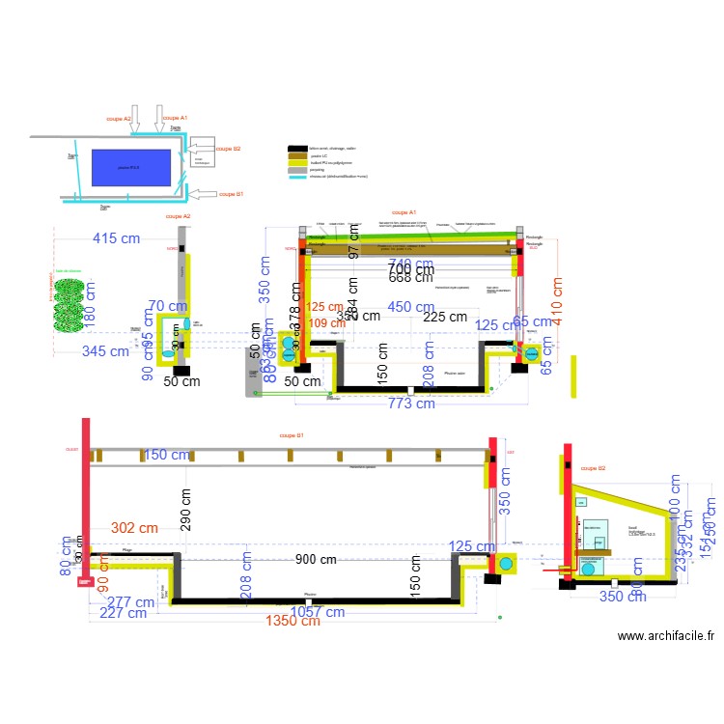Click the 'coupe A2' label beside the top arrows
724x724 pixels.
coord(119,119)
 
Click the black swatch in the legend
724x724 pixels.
coord(297,149)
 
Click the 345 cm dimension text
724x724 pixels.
coord(104,351)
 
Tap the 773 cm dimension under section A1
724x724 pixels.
coord(412,403)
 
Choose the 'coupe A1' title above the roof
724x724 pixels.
coord(404,211)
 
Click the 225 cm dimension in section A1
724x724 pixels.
coord(445,317)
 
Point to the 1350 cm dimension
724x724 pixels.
coord(293,621)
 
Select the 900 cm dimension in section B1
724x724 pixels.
coord(316,560)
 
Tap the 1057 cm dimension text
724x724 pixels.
coord(319,610)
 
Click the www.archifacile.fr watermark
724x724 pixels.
coord(665,636)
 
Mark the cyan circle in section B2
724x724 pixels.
coord(588,569)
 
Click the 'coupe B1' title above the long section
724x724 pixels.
coord(292,436)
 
